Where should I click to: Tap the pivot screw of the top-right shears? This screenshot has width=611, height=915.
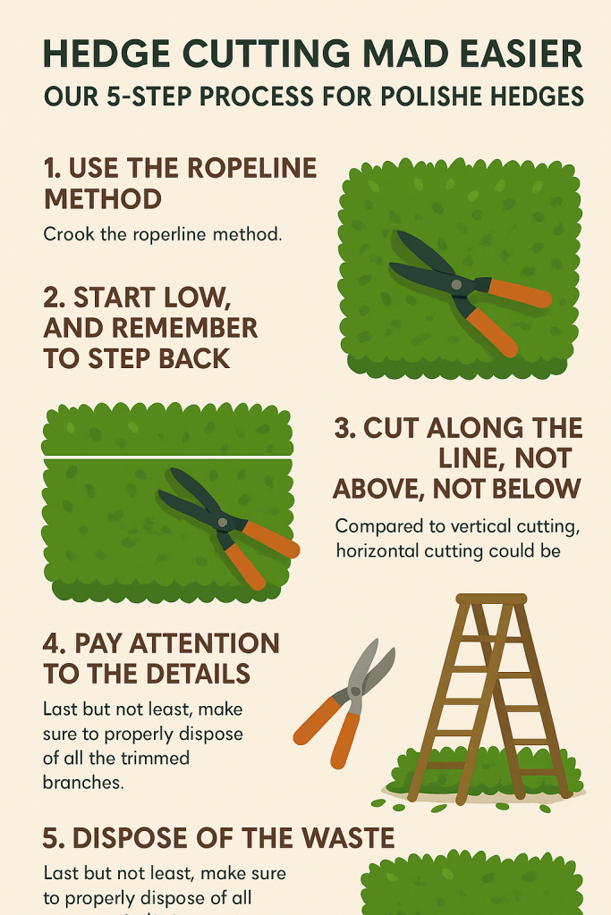458,284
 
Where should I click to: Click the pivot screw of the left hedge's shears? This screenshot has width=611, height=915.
217,517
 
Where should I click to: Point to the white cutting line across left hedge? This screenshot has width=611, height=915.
167,457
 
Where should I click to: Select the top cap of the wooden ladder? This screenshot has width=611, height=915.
491,599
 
